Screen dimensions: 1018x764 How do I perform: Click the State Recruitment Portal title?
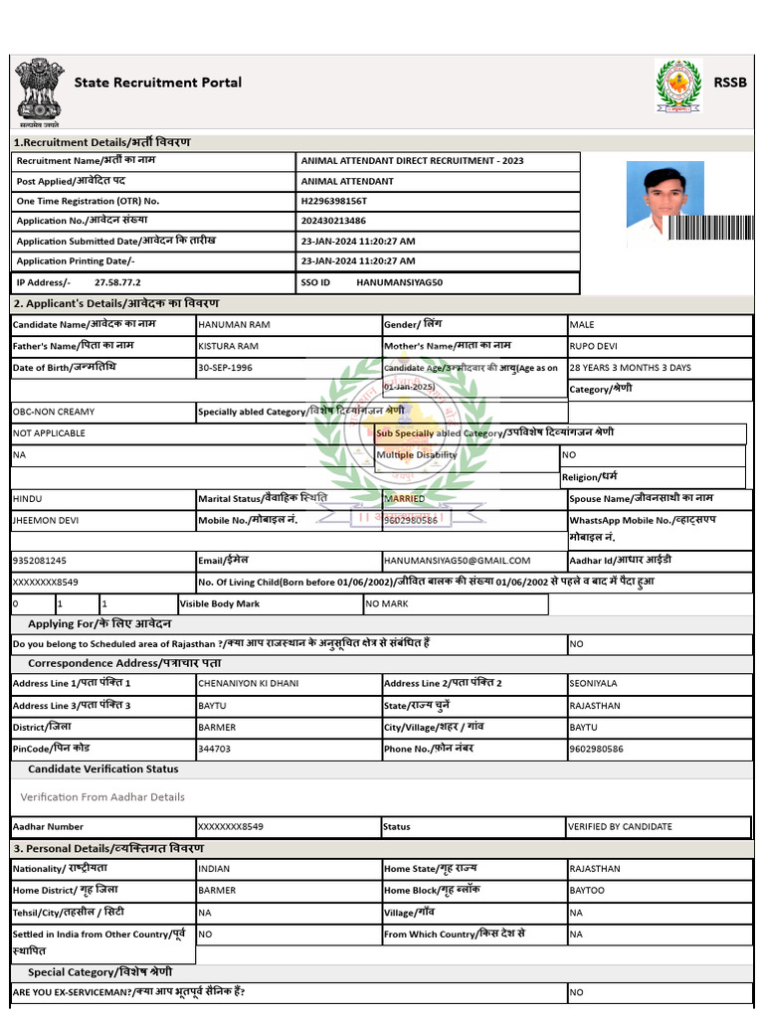pos(157,83)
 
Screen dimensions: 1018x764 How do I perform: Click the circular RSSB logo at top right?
pos(678,86)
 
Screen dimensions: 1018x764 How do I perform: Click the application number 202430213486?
pos(333,221)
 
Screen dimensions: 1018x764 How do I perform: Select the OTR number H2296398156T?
pos(333,201)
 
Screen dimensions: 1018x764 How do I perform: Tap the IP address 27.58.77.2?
pos(117,282)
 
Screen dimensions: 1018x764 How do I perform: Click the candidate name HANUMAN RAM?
pos(234,325)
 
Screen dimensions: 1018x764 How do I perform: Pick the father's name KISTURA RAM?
pos(229,346)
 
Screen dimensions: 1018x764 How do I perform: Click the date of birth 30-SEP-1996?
pos(225,368)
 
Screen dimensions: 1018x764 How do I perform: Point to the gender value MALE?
pos(582,325)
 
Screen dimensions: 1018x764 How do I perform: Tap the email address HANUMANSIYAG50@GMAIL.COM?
pos(458,561)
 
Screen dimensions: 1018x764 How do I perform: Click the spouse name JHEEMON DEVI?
pos(46,520)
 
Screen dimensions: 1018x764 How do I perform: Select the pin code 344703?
pos(215,748)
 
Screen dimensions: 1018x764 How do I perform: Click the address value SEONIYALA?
pos(593,683)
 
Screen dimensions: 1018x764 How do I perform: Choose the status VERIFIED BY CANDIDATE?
pos(620,826)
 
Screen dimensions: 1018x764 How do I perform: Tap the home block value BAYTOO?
pos(587,890)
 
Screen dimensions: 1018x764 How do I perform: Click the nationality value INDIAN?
pos(214,869)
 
